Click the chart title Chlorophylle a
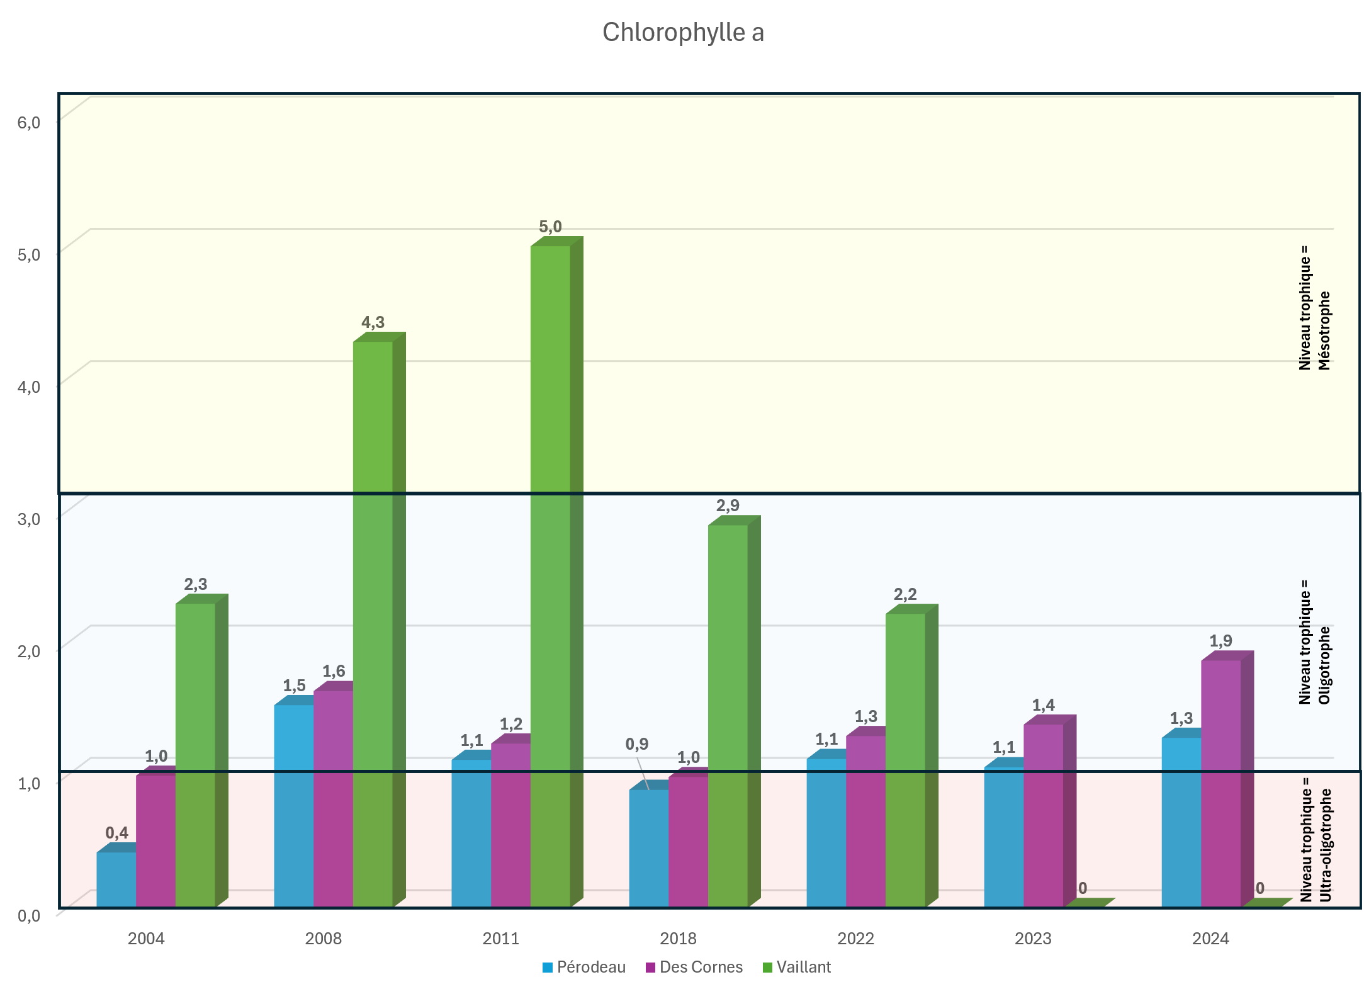683,33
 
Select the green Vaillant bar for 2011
550,567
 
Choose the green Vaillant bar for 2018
728,711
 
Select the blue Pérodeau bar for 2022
826,831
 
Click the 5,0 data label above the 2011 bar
550,227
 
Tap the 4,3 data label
373,322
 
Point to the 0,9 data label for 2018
637,744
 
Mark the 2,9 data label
728,505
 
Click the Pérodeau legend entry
584,967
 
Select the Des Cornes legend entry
694,967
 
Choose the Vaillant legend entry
797,967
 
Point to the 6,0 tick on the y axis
29,122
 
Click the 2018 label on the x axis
678,939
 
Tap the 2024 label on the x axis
1210,939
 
